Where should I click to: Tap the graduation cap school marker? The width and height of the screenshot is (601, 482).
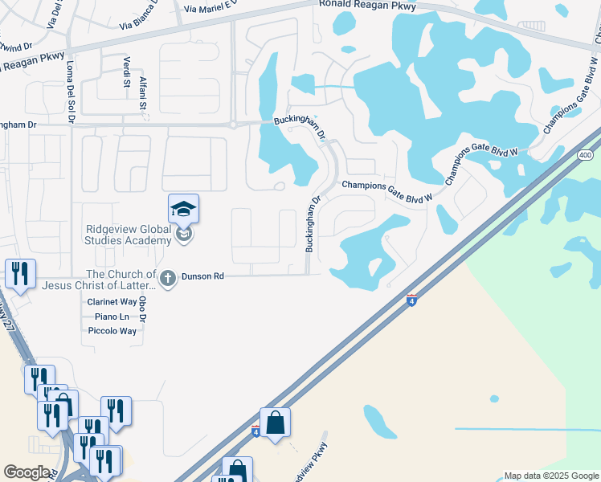coord(183,210)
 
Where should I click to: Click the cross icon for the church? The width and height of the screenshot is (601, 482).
coord(168,279)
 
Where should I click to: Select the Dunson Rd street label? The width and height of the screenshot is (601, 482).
coord(202,276)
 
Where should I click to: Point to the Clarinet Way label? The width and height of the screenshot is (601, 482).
coord(112,302)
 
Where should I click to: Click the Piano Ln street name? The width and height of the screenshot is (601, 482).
coord(112,317)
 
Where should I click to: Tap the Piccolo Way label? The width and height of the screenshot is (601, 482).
coord(112,331)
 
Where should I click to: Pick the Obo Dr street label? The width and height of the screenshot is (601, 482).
coord(142,310)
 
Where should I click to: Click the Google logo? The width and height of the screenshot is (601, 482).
coord(27,472)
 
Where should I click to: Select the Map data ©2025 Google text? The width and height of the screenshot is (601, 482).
coord(550,476)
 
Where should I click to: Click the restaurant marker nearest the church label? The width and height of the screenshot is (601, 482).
coord(19,274)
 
